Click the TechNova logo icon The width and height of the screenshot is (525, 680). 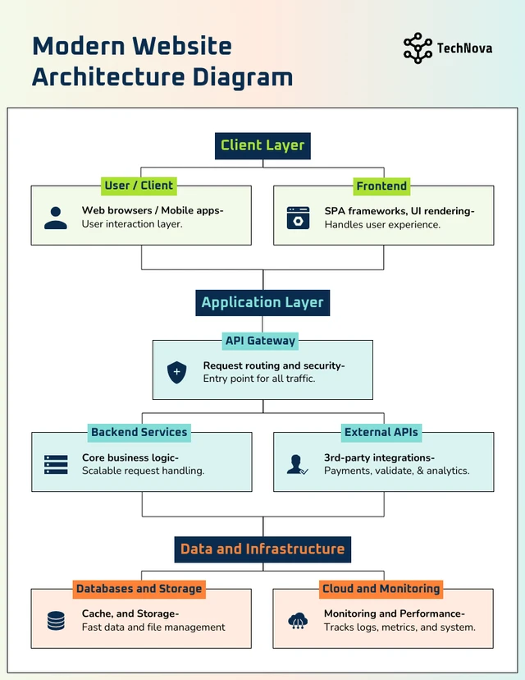tap(418, 48)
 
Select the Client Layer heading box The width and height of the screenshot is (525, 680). tap(262, 145)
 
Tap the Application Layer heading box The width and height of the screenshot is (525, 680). tap(262, 302)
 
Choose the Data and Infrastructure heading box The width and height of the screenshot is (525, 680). tap(262, 549)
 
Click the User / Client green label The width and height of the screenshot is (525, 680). tap(139, 186)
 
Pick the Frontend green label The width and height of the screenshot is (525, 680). tap(381, 186)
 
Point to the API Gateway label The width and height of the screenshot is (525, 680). tap(261, 341)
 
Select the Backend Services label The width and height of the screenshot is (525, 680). tap(139, 432)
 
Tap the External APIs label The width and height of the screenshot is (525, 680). tap(381, 432)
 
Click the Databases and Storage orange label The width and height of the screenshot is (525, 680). tap(139, 589)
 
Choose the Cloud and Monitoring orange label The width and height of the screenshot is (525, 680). tap(381, 589)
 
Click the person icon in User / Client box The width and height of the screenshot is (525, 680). tap(56, 218)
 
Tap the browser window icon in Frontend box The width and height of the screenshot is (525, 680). tap(298, 218)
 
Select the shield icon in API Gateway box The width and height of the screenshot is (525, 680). tap(176, 372)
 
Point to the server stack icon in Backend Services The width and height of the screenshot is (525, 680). tap(56, 464)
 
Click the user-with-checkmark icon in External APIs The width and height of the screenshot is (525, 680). tap(297, 464)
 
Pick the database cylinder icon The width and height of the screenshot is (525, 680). tap(56, 621)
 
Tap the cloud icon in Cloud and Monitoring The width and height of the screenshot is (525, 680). tap(297, 621)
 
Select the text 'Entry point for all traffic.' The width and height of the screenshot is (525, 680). tap(259, 379)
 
